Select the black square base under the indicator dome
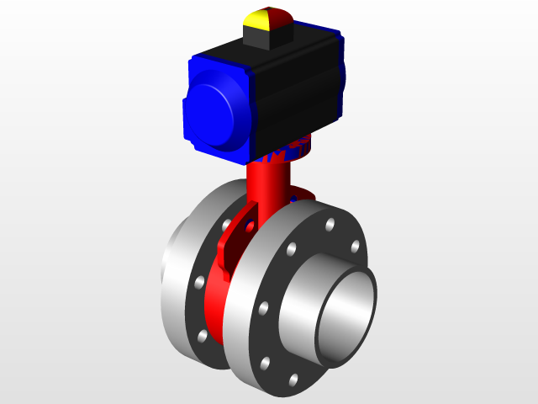coord(266,35)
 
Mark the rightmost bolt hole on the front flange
coord(355,247)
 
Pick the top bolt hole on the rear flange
coord(226,224)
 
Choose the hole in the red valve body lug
coord(250,226)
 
